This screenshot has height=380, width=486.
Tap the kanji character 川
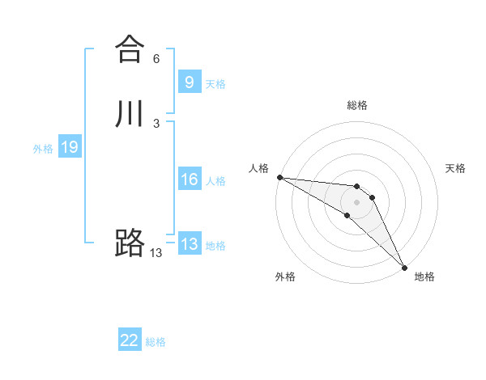click(x=129, y=114)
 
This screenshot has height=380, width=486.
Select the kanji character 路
click(x=129, y=243)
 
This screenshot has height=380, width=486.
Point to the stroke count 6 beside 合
click(x=156, y=59)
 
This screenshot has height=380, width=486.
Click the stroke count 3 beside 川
click(x=156, y=123)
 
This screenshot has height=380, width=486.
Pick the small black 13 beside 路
click(x=156, y=253)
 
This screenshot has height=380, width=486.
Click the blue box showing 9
click(x=189, y=82)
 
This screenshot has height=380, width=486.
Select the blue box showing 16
click(x=189, y=179)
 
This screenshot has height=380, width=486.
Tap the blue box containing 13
click(x=189, y=244)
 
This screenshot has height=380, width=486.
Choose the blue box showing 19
click(x=69, y=147)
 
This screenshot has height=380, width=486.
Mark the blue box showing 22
click(x=130, y=340)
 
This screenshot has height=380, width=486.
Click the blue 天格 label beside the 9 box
click(x=215, y=84)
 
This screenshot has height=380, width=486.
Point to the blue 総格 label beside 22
click(x=156, y=343)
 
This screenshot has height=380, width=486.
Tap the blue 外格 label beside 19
click(x=43, y=149)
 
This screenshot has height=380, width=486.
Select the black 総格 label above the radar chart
click(x=357, y=105)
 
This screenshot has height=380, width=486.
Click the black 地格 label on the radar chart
click(x=424, y=277)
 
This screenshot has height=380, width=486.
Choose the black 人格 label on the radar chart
click(x=258, y=168)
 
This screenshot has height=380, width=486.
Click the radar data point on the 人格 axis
click(x=279, y=177)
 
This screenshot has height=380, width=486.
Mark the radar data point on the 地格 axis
click(x=404, y=267)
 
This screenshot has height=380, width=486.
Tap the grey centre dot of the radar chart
click(x=357, y=201)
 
